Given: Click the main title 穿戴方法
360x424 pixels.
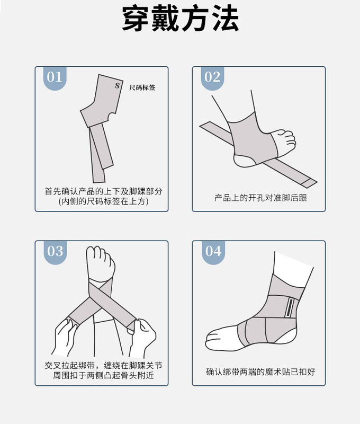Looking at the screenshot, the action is tap(180, 20).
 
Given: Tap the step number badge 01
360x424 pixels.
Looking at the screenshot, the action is tap(54, 77).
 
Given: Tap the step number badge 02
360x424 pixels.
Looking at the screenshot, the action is tap(212, 77).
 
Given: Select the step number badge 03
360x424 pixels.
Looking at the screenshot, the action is tap(55, 251).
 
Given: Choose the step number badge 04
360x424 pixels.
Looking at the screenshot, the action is tap(213, 251).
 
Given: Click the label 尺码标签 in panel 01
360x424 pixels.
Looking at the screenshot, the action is tap(142, 87).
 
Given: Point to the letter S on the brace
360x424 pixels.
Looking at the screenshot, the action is tap(117, 85).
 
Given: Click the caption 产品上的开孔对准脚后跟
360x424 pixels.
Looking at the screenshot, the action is tap(260, 198).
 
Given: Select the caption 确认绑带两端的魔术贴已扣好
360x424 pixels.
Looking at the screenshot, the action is tap(260, 372).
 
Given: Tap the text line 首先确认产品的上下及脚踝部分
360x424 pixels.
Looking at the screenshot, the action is tap(103, 191).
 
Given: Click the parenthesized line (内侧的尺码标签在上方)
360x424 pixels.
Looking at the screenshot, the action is tap(103, 201).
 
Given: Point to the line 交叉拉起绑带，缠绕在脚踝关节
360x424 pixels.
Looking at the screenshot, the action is tap(103, 366).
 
